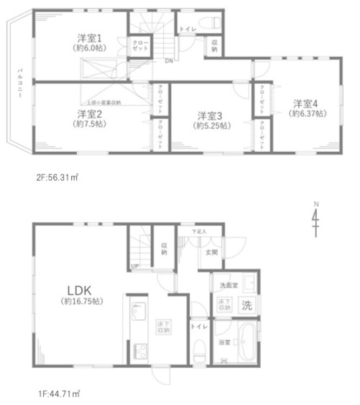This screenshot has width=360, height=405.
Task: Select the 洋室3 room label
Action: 210,116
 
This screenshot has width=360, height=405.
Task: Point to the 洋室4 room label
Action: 306,103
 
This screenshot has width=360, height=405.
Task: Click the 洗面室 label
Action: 225,285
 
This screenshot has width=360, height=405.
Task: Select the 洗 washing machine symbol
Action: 246,305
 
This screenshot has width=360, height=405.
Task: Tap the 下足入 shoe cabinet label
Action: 199,232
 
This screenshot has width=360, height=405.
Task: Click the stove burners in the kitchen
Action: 138,352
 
